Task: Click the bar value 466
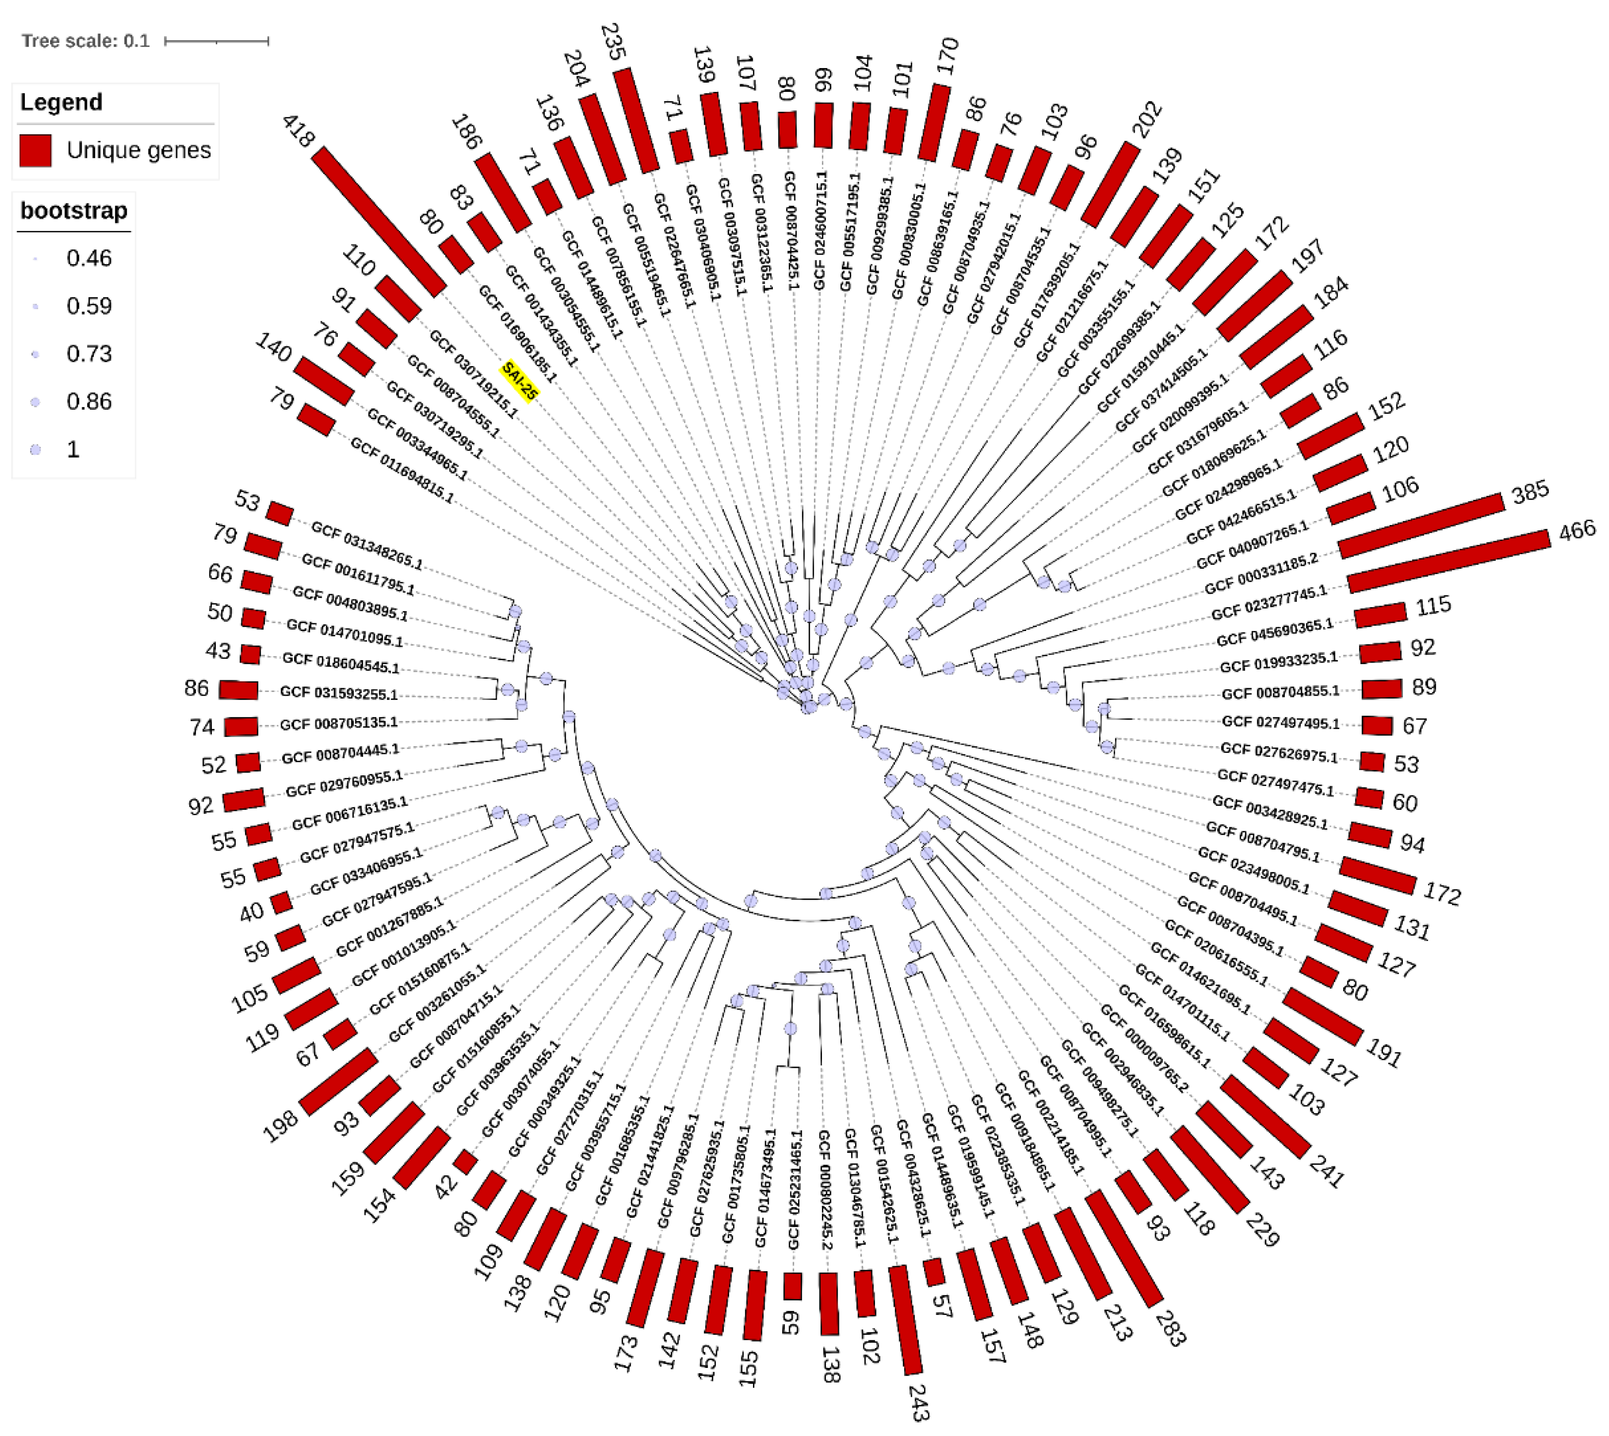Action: (1576, 529)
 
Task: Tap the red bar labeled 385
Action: (1420, 525)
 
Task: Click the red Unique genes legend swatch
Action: (35, 150)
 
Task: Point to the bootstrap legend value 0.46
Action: (88, 258)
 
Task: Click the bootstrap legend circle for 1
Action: (35, 450)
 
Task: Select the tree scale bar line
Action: (216, 41)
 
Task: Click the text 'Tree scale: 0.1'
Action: (85, 41)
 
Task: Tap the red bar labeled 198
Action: (338, 1082)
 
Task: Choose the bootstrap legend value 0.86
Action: (88, 402)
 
